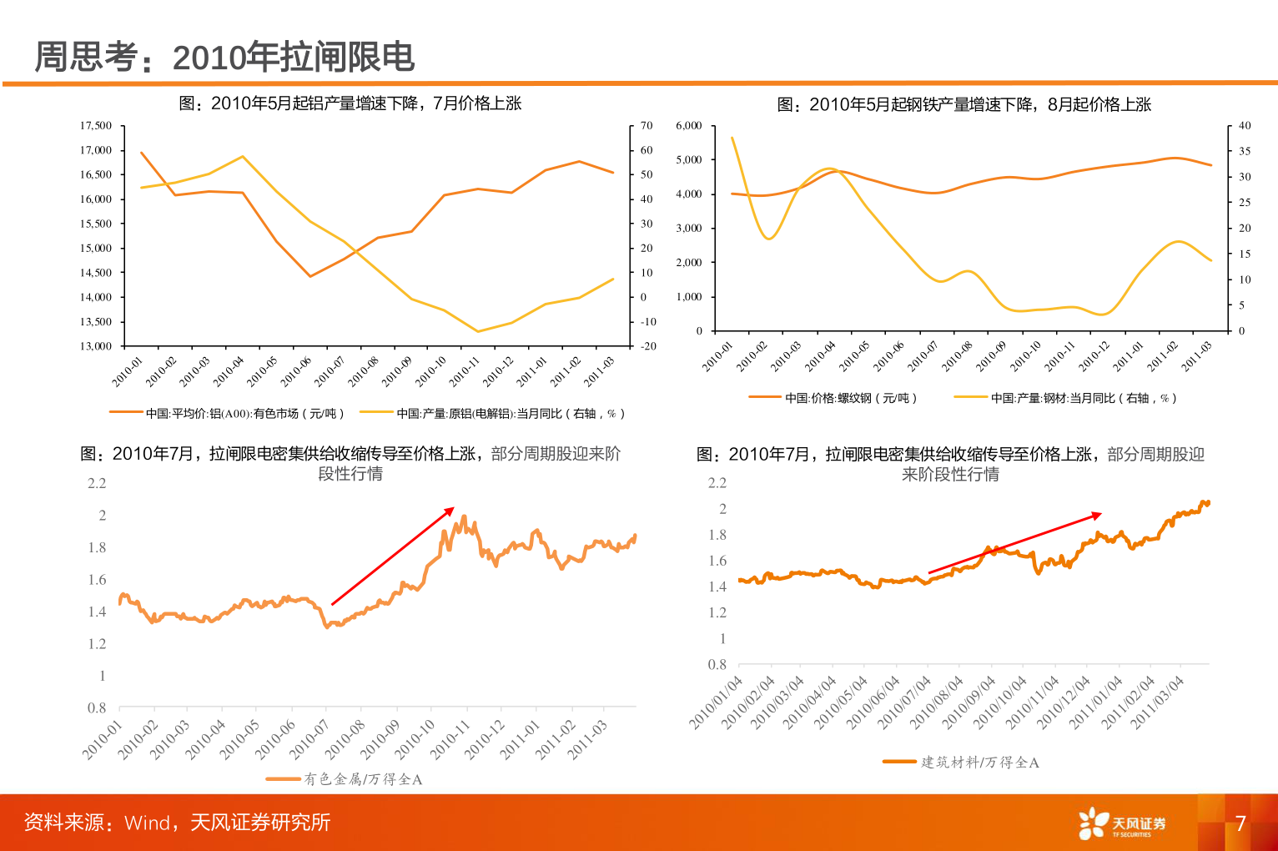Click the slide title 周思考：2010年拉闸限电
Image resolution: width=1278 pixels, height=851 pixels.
click(224, 58)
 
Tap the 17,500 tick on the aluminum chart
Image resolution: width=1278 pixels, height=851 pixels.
click(96, 126)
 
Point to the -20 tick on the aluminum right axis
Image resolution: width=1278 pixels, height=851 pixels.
click(648, 346)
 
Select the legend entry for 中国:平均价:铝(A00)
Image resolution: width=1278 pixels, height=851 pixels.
click(227, 414)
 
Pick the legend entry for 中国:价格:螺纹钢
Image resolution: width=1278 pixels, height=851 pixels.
click(833, 399)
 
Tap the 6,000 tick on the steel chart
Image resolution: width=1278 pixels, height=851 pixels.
click(689, 126)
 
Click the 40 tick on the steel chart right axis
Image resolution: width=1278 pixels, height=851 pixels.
click(1245, 126)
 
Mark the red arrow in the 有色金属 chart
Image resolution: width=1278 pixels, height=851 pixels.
click(393, 556)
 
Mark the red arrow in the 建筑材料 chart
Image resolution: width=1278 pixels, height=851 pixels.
click(1014, 543)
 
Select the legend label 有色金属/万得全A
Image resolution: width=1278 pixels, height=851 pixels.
click(362, 779)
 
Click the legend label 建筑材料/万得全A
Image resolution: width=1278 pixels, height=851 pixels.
click(979, 763)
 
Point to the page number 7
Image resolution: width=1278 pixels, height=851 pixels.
click(1240, 823)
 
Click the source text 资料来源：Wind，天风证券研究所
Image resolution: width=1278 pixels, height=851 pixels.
click(177, 823)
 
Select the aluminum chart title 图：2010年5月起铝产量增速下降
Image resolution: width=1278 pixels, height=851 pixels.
click(350, 103)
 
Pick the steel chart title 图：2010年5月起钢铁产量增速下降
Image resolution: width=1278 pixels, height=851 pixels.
click(964, 104)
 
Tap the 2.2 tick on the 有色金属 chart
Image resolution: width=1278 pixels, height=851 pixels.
click(98, 483)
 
